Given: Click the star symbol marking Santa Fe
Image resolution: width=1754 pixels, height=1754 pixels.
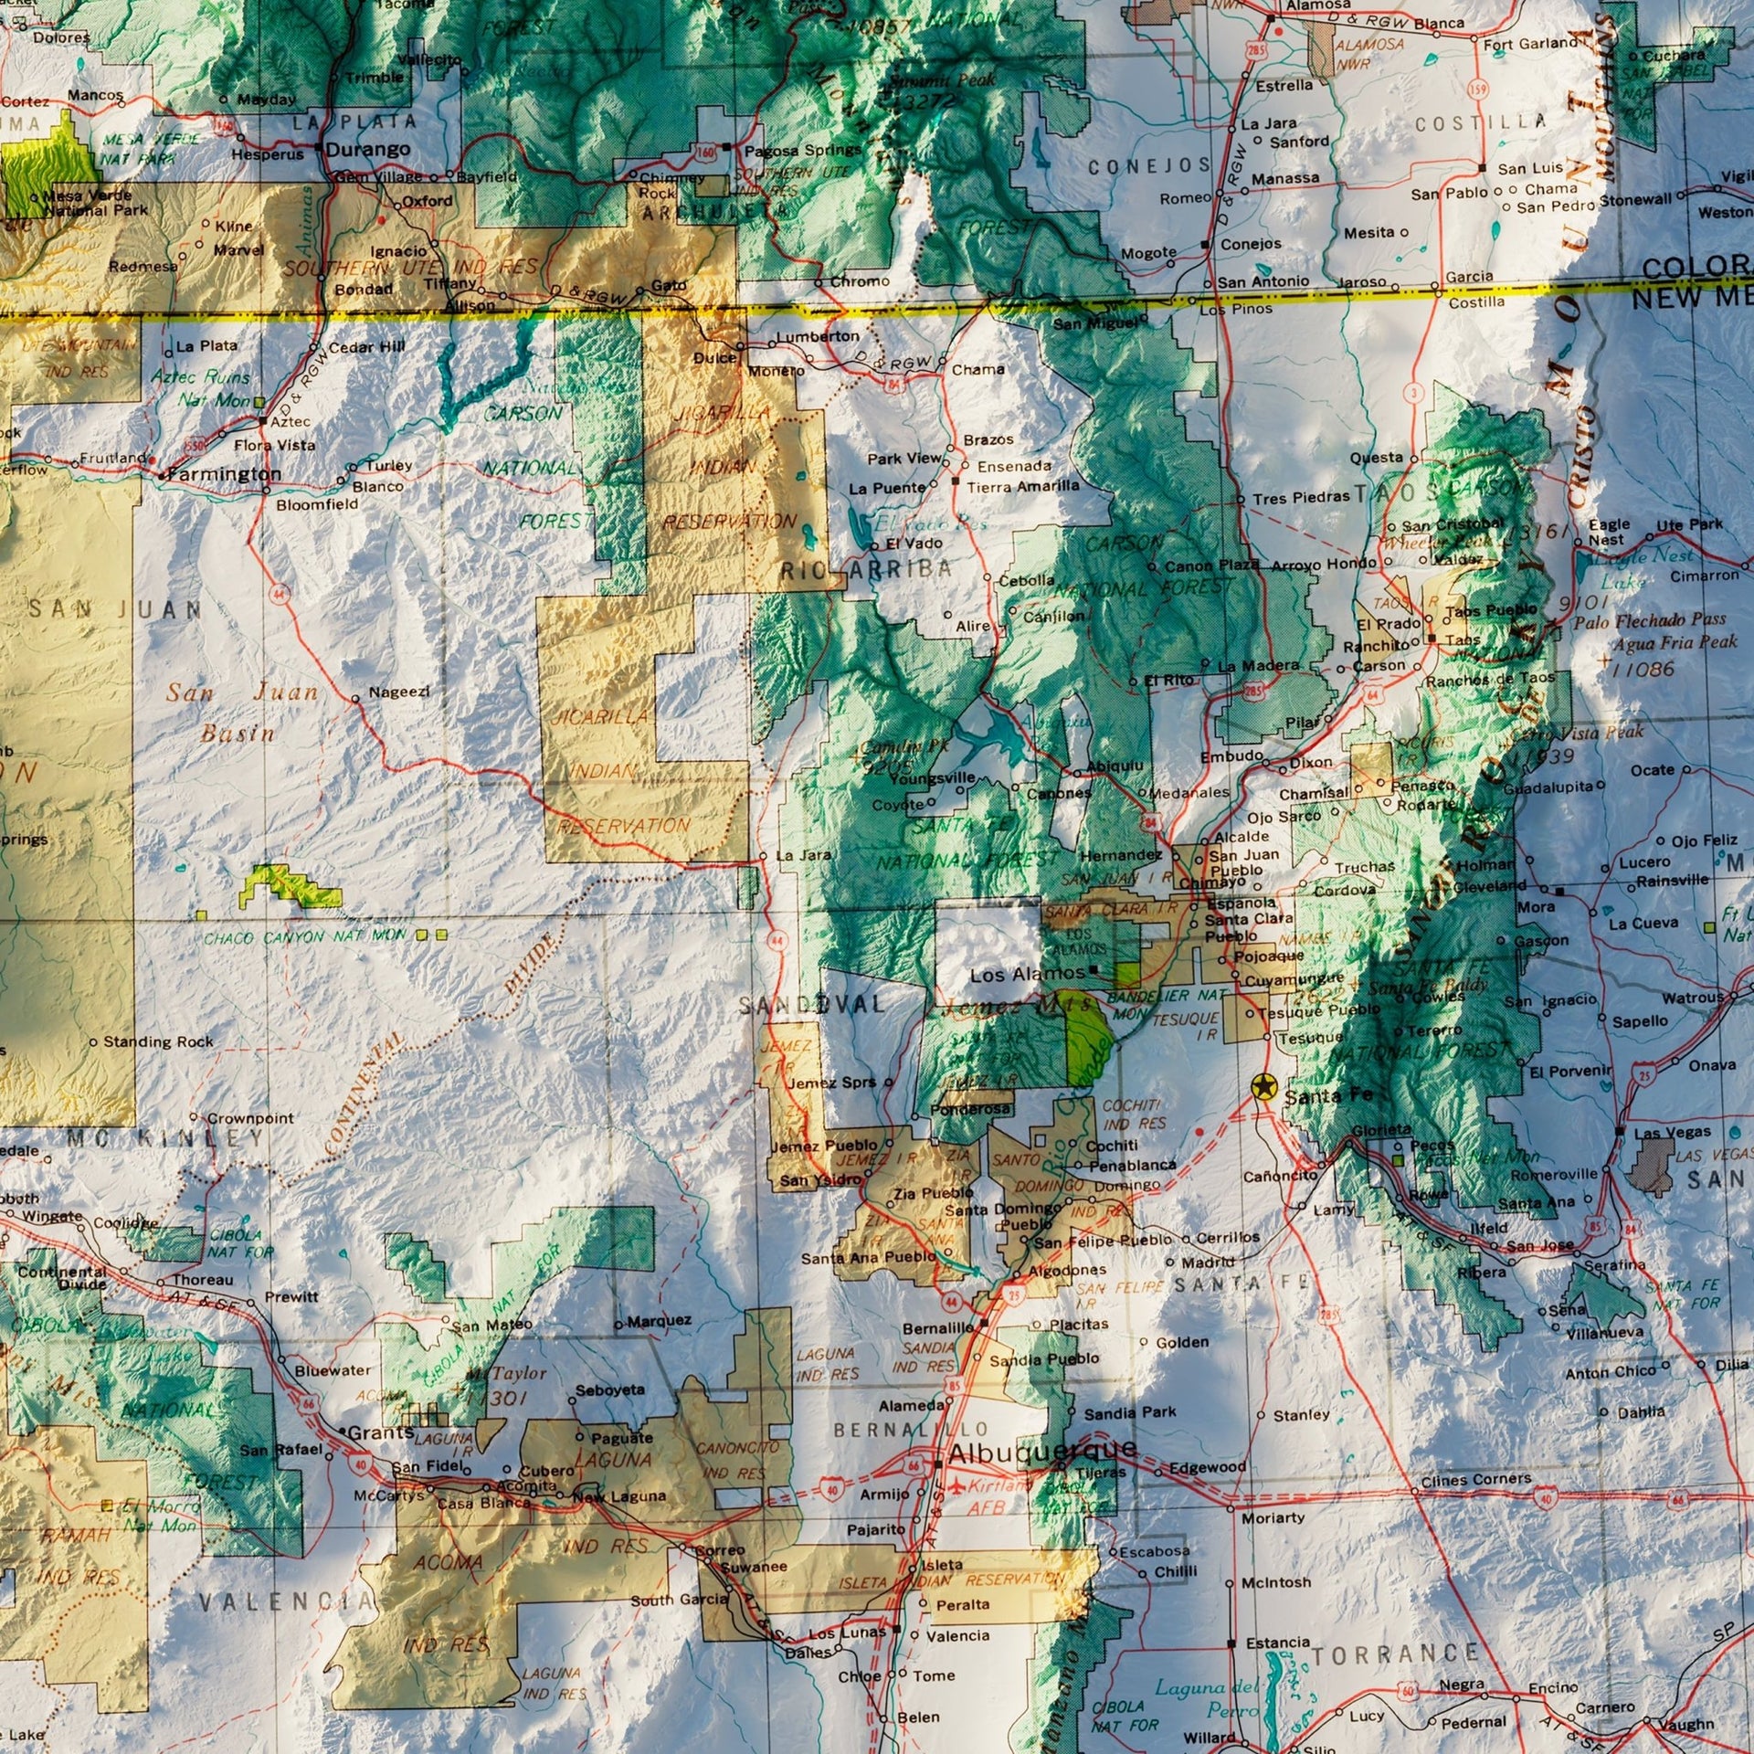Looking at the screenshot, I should click(1263, 1087).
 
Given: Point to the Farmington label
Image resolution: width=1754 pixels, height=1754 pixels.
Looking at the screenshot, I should click(225, 474).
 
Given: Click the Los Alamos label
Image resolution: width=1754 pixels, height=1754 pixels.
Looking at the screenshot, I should click(1027, 975).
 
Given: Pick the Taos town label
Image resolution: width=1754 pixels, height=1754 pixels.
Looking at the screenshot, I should click(1463, 639).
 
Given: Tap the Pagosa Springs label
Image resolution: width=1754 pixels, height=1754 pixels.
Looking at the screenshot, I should click(802, 150).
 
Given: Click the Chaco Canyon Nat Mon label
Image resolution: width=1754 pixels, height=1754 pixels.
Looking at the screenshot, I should click(304, 937).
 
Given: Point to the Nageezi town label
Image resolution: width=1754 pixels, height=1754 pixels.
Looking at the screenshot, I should click(399, 692).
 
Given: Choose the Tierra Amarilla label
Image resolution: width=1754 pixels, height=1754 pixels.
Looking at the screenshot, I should click(1022, 487).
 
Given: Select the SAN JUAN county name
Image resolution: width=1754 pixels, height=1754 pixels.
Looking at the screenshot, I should click(114, 609).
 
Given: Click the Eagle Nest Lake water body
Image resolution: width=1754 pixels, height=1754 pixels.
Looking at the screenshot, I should click(1583, 567).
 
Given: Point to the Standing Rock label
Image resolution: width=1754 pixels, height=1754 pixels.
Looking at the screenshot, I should click(158, 1041).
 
